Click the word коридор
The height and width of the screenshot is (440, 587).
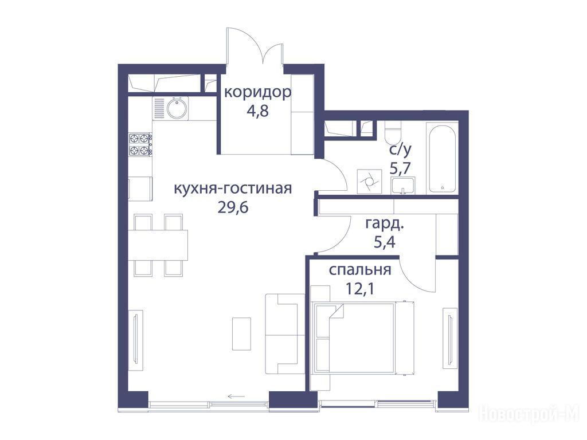[x=257, y=92]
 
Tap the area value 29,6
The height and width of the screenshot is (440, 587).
[x=233, y=206]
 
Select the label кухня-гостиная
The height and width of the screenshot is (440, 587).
[x=233, y=188]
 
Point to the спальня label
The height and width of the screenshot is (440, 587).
[x=360, y=270]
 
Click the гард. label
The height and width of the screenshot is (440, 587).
[x=385, y=224]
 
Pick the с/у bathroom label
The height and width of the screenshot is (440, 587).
[x=400, y=150]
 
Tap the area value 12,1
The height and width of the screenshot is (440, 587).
[x=360, y=289]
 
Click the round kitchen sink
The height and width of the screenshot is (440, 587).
[x=177, y=108]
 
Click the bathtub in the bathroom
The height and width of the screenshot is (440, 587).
[x=442, y=160]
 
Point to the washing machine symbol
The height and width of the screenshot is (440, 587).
[x=369, y=182]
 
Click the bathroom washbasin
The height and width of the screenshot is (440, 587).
[x=403, y=186]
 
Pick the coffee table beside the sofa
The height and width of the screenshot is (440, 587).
[x=241, y=333]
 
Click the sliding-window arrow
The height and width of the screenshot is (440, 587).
[x=236, y=396]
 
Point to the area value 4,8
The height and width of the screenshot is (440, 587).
[x=257, y=111]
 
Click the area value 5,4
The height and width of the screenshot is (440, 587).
[x=385, y=242]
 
